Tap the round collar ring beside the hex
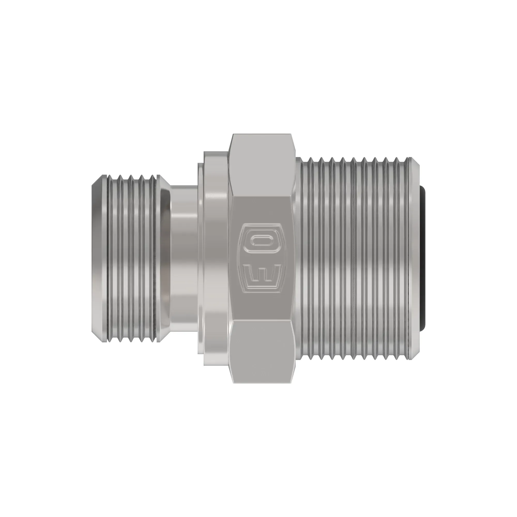point(215,258)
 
